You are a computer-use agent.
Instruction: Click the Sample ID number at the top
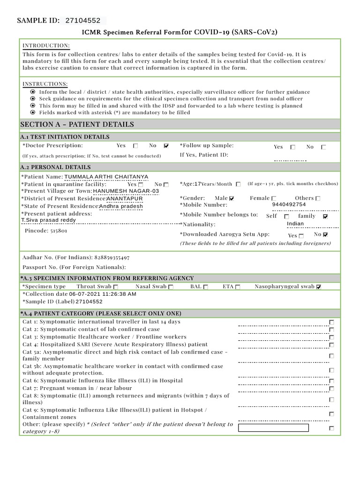click(83, 21)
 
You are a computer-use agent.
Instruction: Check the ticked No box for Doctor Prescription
click(166, 146)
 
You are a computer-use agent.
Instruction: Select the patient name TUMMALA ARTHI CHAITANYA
click(106, 177)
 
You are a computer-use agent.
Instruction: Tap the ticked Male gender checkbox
click(232, 198)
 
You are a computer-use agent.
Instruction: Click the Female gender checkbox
click(274, 198)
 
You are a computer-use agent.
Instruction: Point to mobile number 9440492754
click(289, 204)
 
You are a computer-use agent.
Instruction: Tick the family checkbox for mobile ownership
click(326, 217)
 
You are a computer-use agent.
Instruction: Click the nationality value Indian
click(295, 224)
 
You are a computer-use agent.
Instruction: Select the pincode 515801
click(59, 231)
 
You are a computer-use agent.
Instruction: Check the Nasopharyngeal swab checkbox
click(319, 287)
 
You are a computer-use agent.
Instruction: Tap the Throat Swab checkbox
click(116, 287)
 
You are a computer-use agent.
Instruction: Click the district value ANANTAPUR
click(125, 198)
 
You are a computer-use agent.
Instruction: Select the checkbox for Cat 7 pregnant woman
click(331, 389)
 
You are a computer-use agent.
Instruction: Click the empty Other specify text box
click(273, 427)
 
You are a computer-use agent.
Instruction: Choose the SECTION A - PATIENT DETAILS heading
click(77, 124)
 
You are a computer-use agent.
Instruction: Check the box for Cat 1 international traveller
click(331, 322)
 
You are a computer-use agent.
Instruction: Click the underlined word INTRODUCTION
click(46, 45)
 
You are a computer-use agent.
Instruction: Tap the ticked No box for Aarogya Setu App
click(326, 235)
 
